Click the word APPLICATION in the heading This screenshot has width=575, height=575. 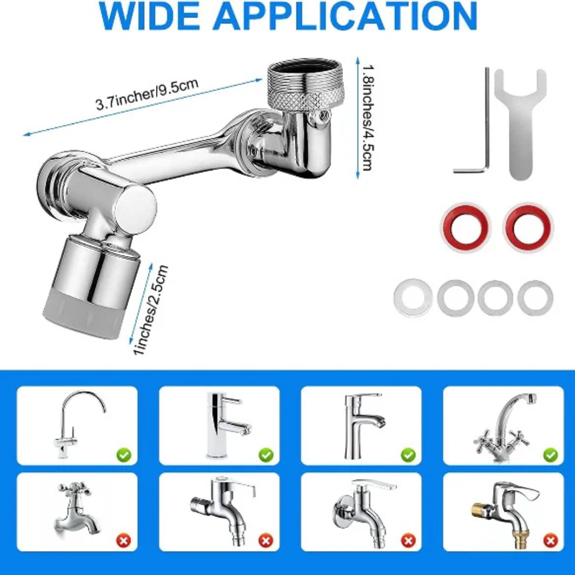[345, 16]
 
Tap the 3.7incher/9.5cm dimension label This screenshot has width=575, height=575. [147, 94]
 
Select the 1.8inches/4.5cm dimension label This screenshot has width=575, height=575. [368, 117]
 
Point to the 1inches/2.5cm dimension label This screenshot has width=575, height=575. [151, 310]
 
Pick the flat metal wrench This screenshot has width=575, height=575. [520, 123]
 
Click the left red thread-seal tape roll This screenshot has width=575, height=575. [465, 227]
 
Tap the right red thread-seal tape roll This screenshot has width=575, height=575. [529, 227]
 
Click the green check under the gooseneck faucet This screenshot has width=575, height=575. [124, 455]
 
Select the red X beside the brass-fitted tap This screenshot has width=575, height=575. [551, 541]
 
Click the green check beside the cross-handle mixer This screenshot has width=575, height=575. [551, 455]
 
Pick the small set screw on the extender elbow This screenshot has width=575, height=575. [323, 116]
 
